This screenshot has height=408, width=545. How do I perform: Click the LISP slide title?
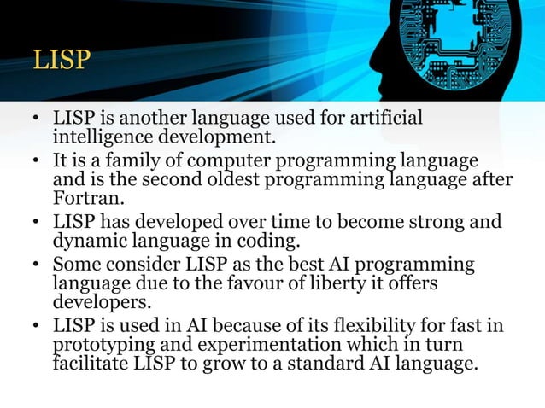tap(62, 60)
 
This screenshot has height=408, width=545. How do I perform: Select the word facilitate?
tap(93, 362)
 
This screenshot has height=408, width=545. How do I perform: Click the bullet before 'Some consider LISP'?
tap(36, 265)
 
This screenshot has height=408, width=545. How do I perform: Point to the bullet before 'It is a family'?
tap(36, 161)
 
